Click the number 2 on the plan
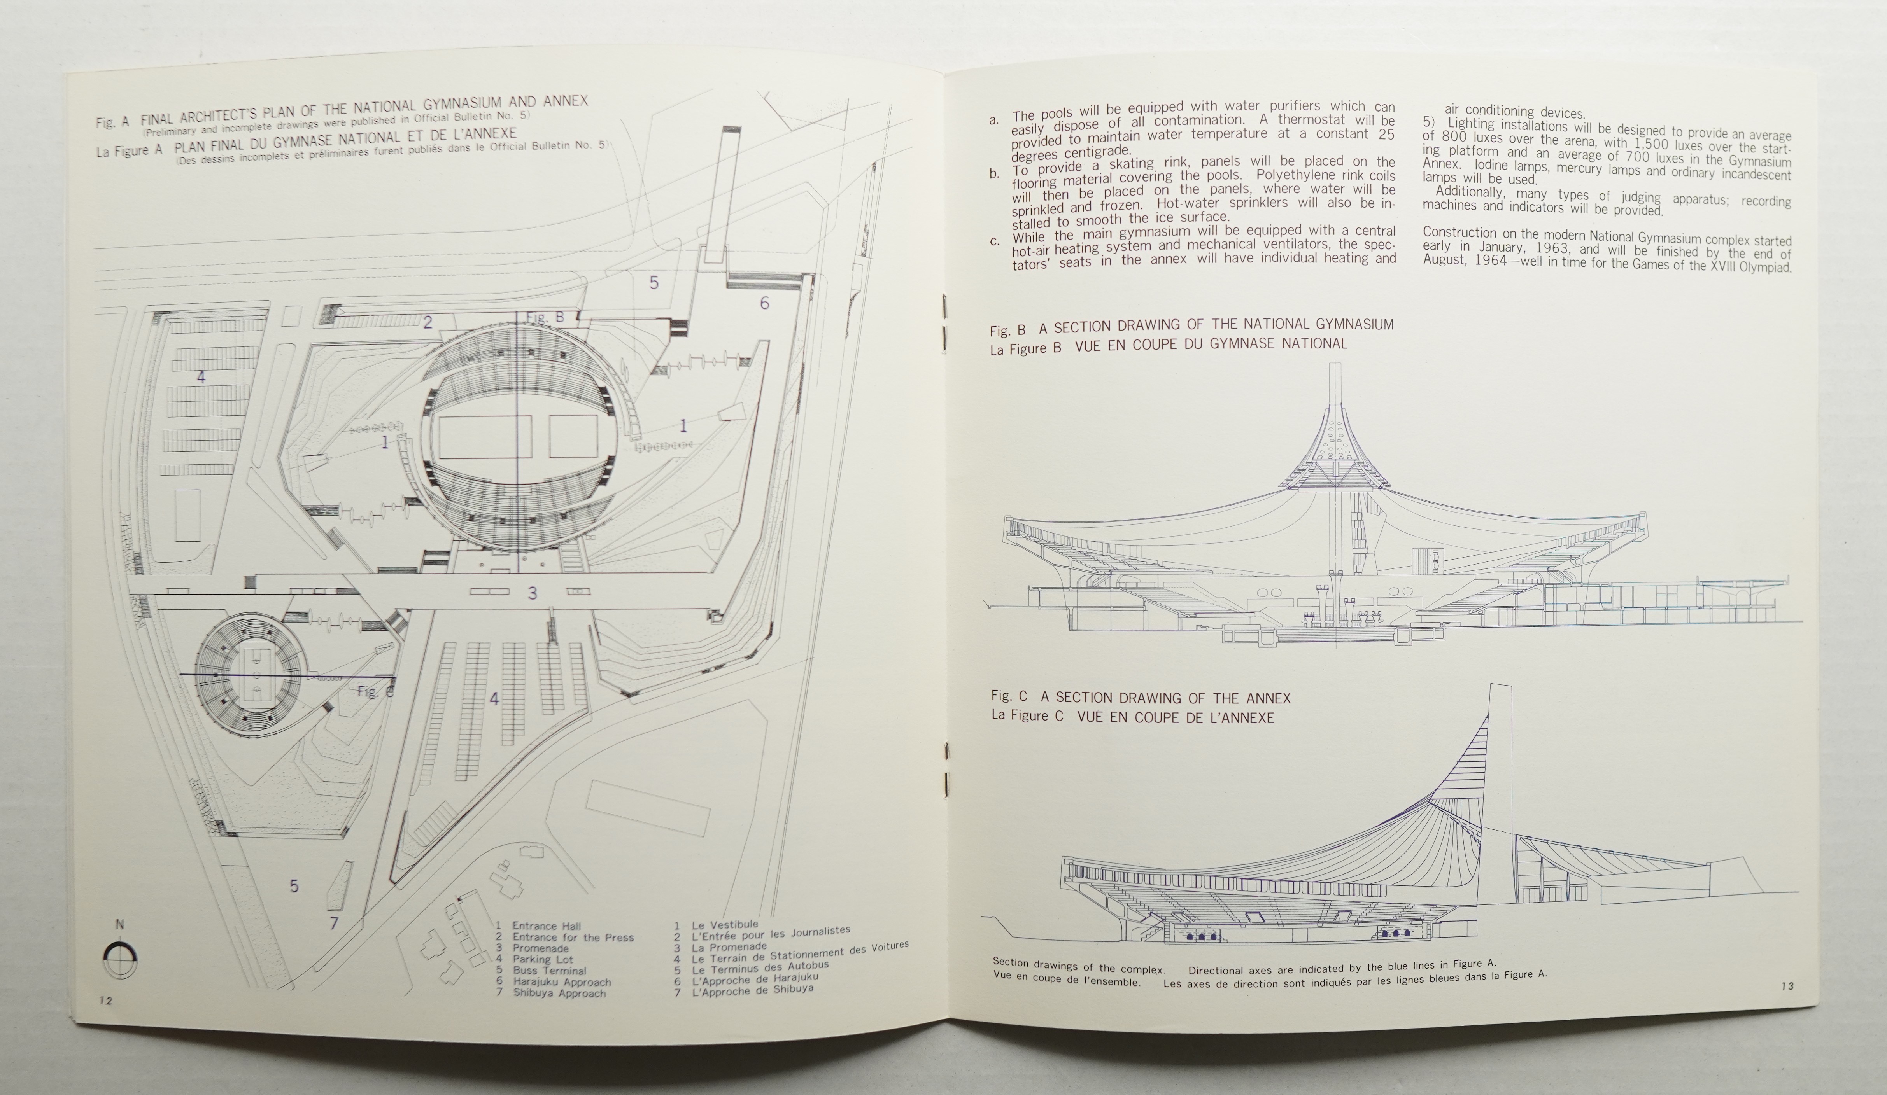(x=428, y=323)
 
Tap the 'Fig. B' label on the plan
(x=545, y=317)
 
